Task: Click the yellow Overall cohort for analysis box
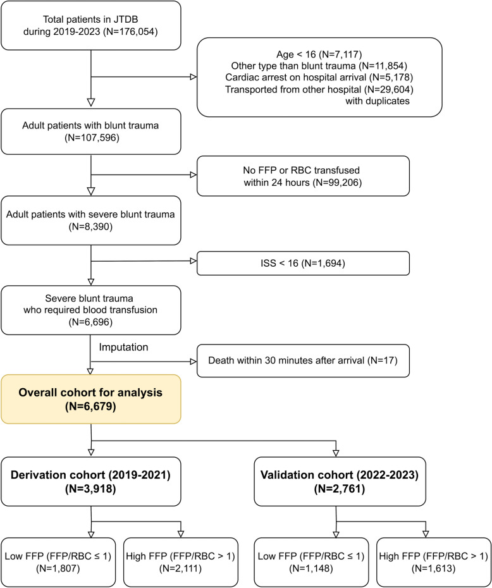click(x=91, y=399)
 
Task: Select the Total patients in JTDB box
click(x=91, y=25)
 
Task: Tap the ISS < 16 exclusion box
click(x=303, y=263)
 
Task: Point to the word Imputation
click(x=123, y=347)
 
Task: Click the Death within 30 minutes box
click(x=303, y=361)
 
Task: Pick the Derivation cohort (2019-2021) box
click(x=91, y=482)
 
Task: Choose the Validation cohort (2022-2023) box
click(x=340, y=482)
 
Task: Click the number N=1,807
click(x=58, y=568)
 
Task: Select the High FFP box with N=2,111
click(x=181, y=562)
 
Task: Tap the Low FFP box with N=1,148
click(x=311, y=562)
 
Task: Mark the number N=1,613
click(x=433, y=568)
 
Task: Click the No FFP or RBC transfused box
click(x=303, y=176)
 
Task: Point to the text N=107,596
click(x=92, y=138)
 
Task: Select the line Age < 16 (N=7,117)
click(x=319, y=54)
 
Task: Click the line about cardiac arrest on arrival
click(x=319, y=77)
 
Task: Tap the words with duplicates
click(x=378, y=101)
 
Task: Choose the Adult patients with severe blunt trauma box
click(x=91, y=221)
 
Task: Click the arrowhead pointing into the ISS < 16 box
click(x=194, y=261)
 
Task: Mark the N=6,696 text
click(x=91, y=322)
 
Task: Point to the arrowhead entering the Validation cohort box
click(x=336, y=453)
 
